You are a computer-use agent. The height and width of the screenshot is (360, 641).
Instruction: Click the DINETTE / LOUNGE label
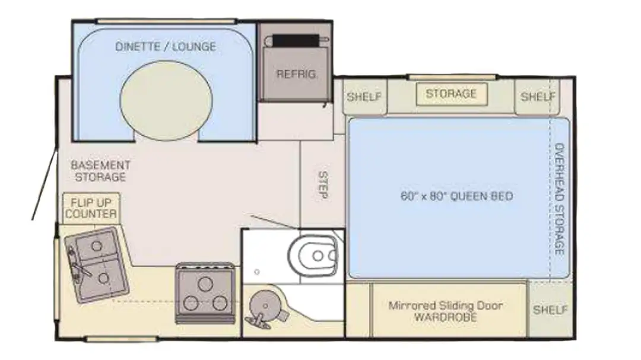[166, 47]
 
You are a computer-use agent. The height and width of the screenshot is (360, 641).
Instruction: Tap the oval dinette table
[166, 100]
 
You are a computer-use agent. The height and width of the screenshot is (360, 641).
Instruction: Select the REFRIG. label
[296, 74]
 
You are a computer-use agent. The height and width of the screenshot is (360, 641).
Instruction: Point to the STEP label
[323, 185]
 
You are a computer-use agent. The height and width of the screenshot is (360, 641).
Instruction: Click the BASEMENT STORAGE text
[100, 171]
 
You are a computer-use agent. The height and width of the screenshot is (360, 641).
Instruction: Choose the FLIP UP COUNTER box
[91, 208]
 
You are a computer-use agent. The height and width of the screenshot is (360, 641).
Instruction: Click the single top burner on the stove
[205, 283]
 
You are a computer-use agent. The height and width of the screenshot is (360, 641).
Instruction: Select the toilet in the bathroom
[315, 256]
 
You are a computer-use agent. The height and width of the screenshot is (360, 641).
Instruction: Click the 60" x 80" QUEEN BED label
[456, 196]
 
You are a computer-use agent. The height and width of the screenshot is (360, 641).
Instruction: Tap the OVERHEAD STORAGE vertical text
[559, 199]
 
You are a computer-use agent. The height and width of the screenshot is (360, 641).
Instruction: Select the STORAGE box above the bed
[452, 94]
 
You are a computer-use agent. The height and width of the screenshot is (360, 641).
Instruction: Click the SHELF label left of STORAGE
[364, 97]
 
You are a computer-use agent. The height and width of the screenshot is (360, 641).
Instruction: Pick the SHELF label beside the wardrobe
[550, 310]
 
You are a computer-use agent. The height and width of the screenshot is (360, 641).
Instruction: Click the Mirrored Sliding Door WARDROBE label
[446, 311]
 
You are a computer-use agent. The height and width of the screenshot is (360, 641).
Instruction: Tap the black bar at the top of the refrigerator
[296, 40]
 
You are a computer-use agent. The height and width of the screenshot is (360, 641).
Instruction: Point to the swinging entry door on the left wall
[44, 184]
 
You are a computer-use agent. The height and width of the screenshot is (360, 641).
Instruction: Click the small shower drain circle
[257, 272]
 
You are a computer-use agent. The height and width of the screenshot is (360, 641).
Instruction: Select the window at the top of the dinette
[166, 21]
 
